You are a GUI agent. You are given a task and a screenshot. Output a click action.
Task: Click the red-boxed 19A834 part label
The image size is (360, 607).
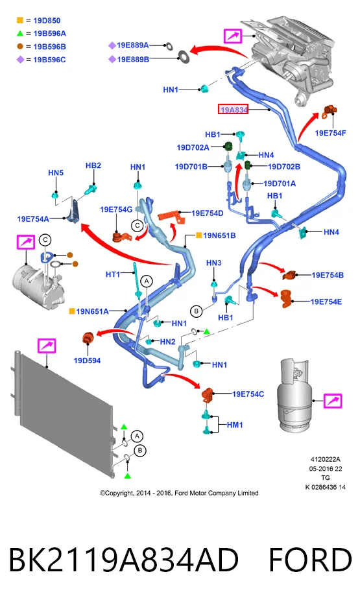pyautogui.click(x=233, y=110)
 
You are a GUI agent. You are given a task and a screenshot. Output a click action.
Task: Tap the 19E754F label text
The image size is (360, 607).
pyautogui.click(x=330, y=133)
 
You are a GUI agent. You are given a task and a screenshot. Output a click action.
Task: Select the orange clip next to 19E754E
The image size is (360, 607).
pyautogui.click(x=285, y=298)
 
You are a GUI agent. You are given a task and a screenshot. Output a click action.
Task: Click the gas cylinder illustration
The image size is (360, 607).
pyautogui.click(x=294, y=394)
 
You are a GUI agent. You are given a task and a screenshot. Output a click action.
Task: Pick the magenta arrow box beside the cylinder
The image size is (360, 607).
pyautogui.click(x=333, y=401)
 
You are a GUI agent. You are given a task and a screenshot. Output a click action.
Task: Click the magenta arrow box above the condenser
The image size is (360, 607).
pyautogui.click(x=47, y=346)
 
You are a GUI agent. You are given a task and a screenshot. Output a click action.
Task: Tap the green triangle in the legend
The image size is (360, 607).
pyautogui.click(x=19, y=34)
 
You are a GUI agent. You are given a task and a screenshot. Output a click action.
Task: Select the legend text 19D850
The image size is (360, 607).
pyautogui.click(x=47, y=21)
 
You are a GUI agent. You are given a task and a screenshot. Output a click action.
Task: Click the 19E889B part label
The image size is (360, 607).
pyautogui.click(x=133, y=59)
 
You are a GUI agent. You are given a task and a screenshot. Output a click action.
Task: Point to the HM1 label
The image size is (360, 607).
pyautogui.click(x=235, y=425)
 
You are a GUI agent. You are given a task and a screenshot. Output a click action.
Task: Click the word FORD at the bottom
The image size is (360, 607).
pyautogui.click(x=310, y=560)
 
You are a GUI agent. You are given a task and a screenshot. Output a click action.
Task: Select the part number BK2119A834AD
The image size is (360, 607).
pyautogui.click(x=123, y=560)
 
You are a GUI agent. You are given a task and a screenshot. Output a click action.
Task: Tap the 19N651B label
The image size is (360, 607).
pyautogui.click(x=219, y=235)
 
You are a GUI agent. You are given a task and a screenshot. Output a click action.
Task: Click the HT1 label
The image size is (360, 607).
pyautogui.click(x=113, y=274)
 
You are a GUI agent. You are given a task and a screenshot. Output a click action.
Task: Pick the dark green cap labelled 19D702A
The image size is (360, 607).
pyautogui.click(x=228, y=147)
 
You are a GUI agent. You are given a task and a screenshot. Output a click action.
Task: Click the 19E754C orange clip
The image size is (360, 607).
pyautogui.click(x=208, y=394)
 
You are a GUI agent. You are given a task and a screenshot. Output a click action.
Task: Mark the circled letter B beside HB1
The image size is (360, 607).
pyautogui.click(x=197, y=311)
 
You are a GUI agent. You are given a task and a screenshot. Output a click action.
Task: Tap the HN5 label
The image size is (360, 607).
pyautogui.click(x=56, y=173)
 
